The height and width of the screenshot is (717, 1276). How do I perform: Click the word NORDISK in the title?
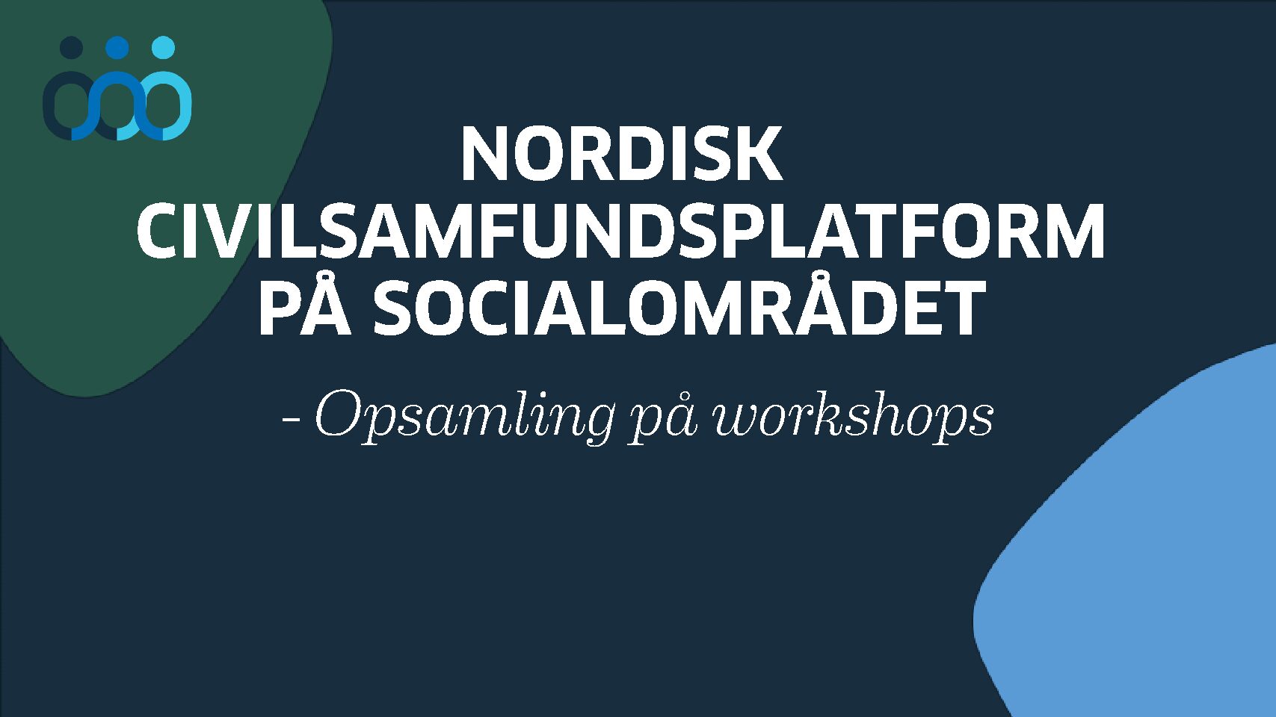(x=621, y=154)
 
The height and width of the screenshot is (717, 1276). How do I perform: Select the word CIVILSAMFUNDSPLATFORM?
(x=621, y=232)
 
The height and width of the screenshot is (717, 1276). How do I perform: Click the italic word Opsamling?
(x=464, y=418)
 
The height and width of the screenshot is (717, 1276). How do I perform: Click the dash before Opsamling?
(x=291, y=423)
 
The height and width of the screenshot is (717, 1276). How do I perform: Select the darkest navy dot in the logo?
(x=71, y=48)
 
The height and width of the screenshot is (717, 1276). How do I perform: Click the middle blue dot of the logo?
(x=117, y=48)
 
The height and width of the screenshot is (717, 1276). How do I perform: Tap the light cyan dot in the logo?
(x=164, y=47)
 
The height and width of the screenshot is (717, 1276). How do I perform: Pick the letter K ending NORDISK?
(x=762, y=154)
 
